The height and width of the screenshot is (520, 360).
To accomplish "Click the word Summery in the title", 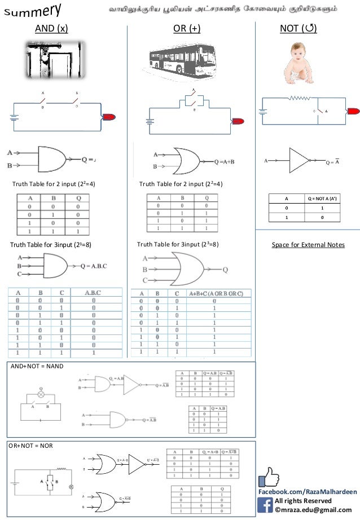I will pos(33,12).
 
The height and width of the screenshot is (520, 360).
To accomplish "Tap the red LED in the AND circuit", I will pos(108,117).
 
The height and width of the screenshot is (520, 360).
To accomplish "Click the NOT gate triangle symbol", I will pos(298,161).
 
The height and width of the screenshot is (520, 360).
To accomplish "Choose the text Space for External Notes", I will pos(308,245).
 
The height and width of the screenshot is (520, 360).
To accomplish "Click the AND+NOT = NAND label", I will pos(38,366).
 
